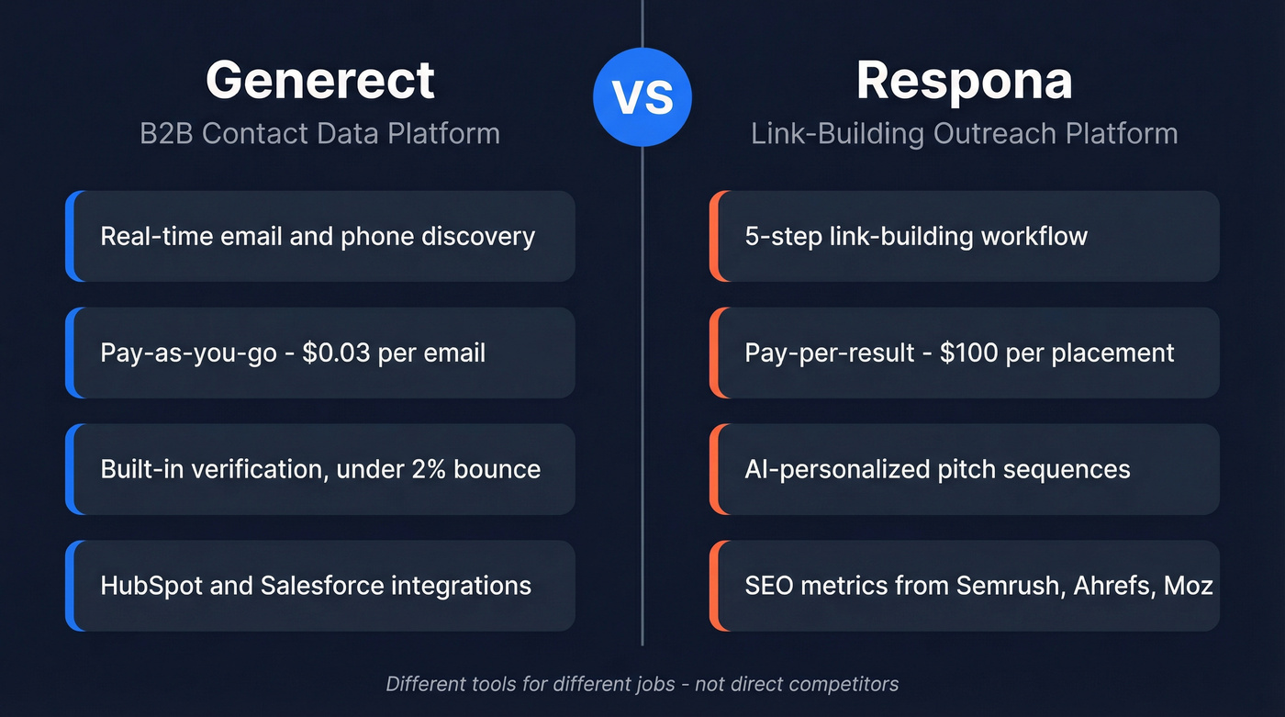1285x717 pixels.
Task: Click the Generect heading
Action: (x=319, y=80)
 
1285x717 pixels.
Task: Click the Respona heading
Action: (x=964, y=80)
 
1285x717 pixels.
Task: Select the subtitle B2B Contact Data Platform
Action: (x=319, y=133)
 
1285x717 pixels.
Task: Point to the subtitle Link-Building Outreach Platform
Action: (x=964, y=133)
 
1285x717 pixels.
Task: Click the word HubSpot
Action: (x=151, y=585)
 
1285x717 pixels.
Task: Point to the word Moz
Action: (x=1190, y=585)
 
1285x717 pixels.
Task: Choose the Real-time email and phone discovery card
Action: (x=321, y=236)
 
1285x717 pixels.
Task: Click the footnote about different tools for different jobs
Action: (x=642, y=684)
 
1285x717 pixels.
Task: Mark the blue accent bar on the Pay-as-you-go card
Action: (x=70, y=353)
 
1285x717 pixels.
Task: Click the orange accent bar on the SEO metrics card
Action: (x=714, y=585)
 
